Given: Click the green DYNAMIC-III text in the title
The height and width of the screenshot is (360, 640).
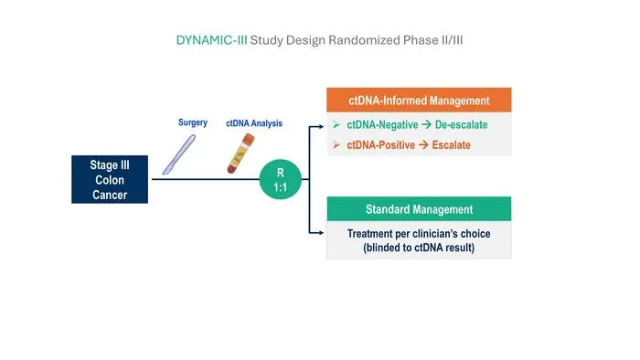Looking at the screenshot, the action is [211, 40].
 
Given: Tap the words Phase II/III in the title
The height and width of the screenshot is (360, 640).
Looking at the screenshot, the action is [432, 40].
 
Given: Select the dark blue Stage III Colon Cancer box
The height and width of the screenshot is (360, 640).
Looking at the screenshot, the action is [110, 179].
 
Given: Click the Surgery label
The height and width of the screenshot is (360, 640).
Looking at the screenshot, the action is [193, 122].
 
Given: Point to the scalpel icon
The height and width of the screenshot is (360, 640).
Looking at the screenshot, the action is [179, 155].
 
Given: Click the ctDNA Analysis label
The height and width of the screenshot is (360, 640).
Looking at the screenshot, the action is [254, 123].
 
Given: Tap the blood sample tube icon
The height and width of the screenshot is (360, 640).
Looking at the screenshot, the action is [240, 154].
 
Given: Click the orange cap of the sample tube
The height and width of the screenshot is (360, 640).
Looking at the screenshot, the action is [248, 139].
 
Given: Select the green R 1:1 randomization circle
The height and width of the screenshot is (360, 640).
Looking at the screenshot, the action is [281, 179].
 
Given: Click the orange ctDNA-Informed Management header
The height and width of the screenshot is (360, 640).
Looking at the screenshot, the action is [419, 101].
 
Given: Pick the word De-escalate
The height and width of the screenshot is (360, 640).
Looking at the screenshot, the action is [461, 125].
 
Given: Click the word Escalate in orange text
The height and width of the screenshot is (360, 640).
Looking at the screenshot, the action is [452, 144].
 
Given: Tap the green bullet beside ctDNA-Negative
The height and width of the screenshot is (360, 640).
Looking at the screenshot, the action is [336, 124].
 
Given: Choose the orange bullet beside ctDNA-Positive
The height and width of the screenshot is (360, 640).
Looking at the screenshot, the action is [336, 144].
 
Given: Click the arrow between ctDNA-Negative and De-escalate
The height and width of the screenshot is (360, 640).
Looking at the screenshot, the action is [427, 125].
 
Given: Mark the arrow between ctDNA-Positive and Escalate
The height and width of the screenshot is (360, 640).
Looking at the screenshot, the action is [423, 144].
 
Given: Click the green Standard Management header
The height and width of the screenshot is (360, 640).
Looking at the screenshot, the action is [419, 209].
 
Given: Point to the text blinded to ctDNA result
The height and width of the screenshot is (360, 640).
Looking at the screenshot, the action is [419, 248].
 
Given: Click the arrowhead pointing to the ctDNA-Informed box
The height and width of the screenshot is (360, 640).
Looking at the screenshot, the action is [322, 127].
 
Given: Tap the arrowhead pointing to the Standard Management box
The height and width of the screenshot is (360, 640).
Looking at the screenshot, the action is [322, 233].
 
